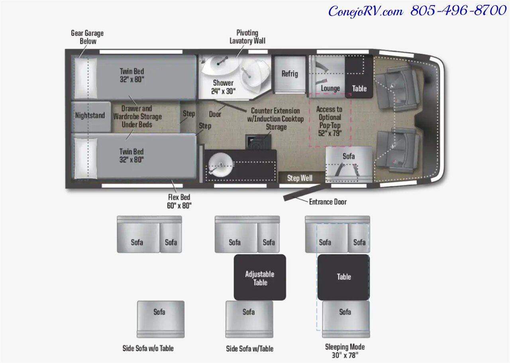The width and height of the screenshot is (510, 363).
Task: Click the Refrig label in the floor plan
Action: [x=290, y=74]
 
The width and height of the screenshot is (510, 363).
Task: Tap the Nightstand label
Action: [x=90, y=115]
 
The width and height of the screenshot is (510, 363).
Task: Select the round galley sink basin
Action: [x=220, y=165]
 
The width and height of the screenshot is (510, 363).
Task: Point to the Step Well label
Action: [x=300, y=178]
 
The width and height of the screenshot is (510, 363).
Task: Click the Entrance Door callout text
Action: [x=328, y=202]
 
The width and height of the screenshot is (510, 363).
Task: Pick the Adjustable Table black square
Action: [x=260, y=277]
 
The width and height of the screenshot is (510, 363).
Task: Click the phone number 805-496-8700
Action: [x=458, y=10]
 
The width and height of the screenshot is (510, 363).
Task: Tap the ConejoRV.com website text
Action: [x=366, y=11]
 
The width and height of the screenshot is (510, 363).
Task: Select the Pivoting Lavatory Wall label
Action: [x=247, y=37]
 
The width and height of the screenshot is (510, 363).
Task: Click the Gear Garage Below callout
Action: [x=87, y=37]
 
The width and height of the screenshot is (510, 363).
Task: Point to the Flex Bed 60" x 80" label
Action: [x=179, y=201]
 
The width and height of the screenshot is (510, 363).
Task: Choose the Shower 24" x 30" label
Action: [x=223, y=87]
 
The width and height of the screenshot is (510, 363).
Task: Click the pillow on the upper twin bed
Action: [x=86, y=78]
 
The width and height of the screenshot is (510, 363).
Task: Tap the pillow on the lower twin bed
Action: [x=86, y=158]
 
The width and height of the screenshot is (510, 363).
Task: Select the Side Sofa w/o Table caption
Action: [x=148, y=348]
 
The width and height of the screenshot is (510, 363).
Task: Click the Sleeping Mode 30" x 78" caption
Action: [x=345, y=351]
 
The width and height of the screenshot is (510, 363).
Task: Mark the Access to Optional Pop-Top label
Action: [x=330, y=121]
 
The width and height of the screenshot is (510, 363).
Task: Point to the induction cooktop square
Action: [x=258, y=142]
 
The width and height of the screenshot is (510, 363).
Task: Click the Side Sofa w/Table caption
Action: [x=250, y=348]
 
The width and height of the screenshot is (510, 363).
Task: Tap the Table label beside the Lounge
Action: [x=359, y=89]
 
